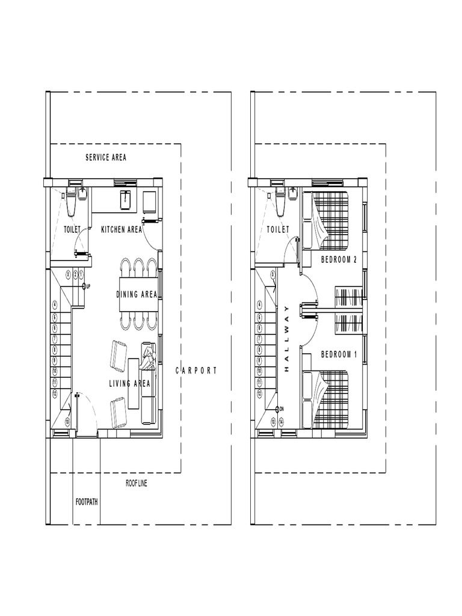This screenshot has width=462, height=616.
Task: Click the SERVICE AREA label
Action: pyautogui.click(x=106, y=158)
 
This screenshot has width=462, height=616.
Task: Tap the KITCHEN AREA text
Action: pyautogui.click(x=122, y=229)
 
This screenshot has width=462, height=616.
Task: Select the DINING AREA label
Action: pyautogui.click(x=137, y=294)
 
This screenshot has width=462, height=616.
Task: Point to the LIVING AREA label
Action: pyautogui.click(x=129, y=383)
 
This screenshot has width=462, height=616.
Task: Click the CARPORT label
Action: pyautogui.click(x=196, y=371)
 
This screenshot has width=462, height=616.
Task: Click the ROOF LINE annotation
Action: pyautogui.click(x=136, y=483)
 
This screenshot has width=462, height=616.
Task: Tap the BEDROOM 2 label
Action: pyautogui.click(x=339, y=260)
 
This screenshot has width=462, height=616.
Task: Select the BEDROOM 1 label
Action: pyautogui.click(x=339, y=354)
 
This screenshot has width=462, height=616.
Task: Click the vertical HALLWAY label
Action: pyautogui.click(x=287, y=339)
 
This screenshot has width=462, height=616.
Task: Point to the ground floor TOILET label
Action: pyautogui.click(x=72, y=229)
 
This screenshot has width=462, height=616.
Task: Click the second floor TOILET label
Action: pyautogui.click(x=278, y=229)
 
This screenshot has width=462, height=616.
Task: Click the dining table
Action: pyautogui.click(x=138, y=294)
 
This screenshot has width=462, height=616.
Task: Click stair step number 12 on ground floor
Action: pyautogui.click(x=55, y=393)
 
